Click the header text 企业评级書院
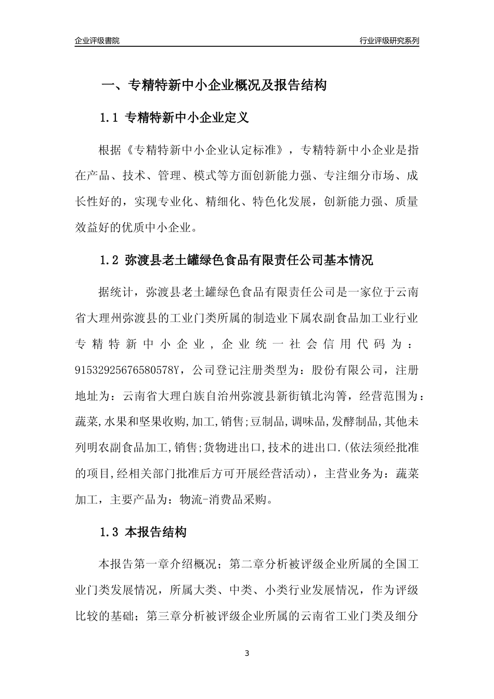point(97,41)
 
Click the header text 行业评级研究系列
point(389,41)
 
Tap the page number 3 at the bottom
point(247,653)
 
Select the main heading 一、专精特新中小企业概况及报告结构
point(213,85)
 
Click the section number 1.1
point(109,118)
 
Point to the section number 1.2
point(109,260)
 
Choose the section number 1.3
point(109,533)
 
